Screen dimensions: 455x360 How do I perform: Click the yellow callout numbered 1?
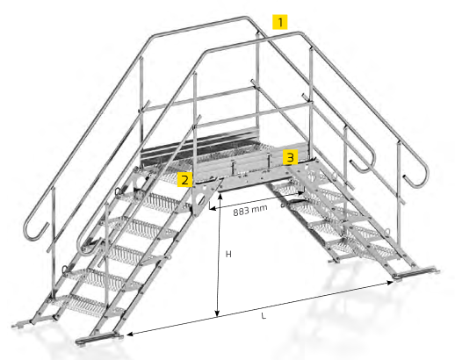pyautogui.click(x=280, y=22)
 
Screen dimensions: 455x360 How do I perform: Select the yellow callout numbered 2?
pyautogui.click(x=184, y=179)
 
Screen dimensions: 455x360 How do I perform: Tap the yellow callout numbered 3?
pyautogui.click(x=290, y=157)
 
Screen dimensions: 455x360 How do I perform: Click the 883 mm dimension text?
pyautogui.click(x=250, y=210)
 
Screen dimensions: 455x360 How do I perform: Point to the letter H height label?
pyautogui.click(x=228, y=254)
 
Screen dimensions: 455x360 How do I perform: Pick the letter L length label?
pyautogui.click(x=264, y=316)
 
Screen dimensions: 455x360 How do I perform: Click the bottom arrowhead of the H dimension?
pyautogui.click(x=217, y=313)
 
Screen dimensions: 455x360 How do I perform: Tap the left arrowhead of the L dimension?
pyautogui.click(x=130, y=334)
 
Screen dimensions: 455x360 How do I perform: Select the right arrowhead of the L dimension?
pyautogui.click(x=390, y=283)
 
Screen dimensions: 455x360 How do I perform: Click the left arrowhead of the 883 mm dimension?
pyautogui.click(x=213, y=208)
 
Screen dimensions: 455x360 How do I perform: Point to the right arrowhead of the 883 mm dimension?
pyautogui.click(x=300, y=193)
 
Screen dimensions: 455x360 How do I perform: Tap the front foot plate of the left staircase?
pyautogui.click(x=99, y=339)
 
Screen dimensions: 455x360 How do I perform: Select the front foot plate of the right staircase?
pyautogui.click(x=415, y=273)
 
